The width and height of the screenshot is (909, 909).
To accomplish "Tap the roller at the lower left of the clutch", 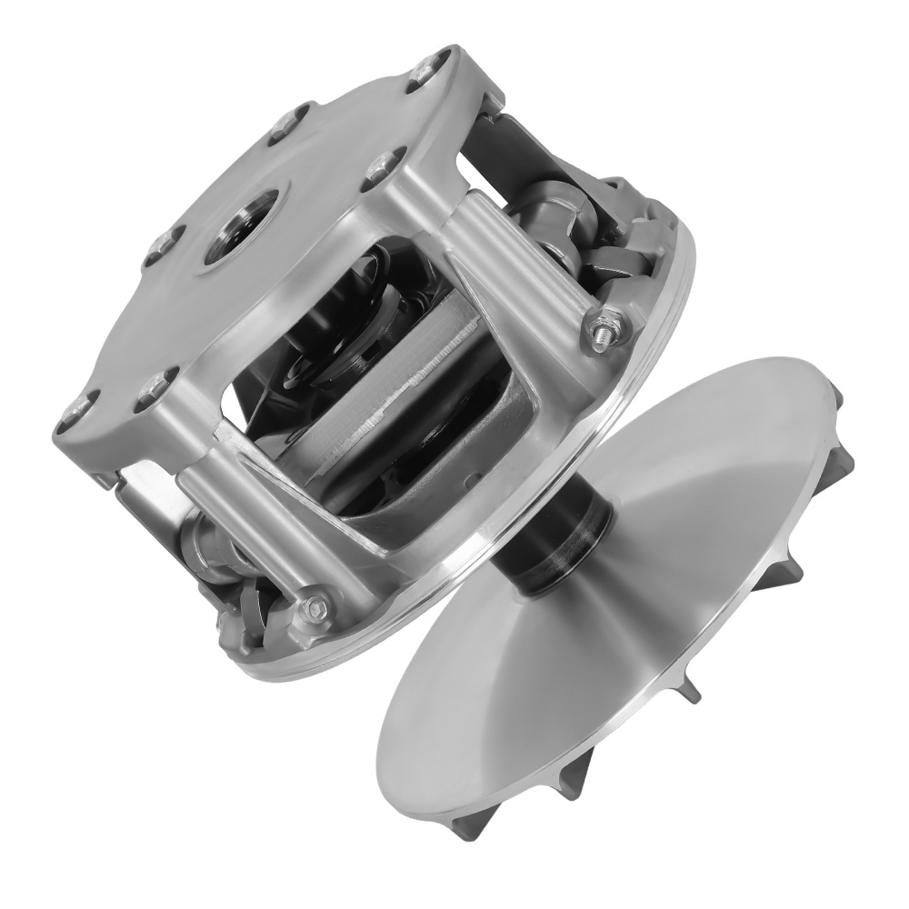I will [x=214, y=554].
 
